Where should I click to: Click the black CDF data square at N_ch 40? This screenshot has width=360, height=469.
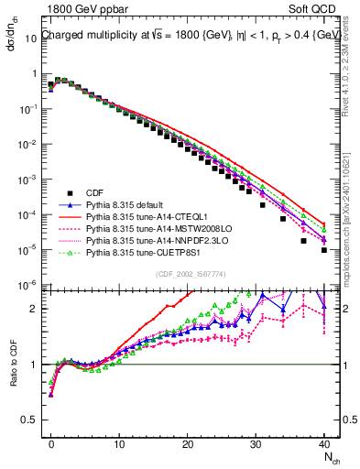coord(324,249)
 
